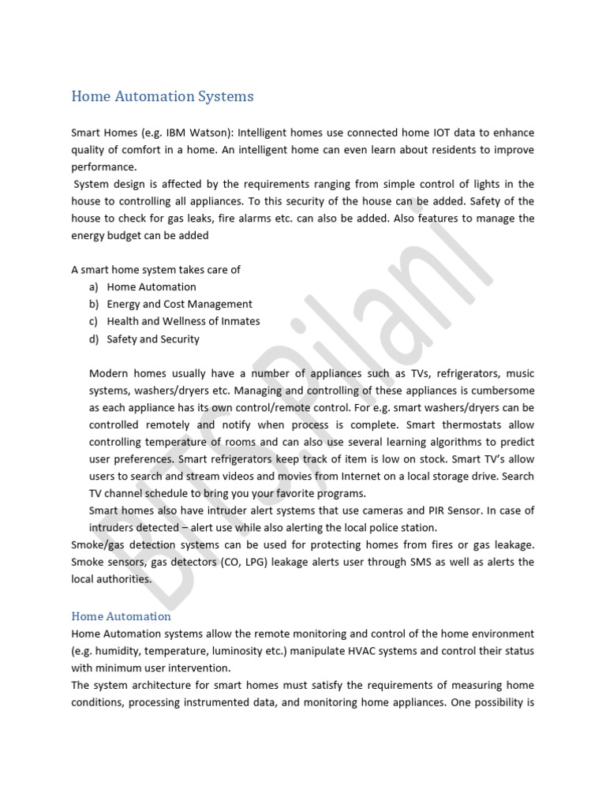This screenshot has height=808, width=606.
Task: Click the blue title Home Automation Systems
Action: (x=163, y=96)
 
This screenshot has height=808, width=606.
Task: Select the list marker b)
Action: (x=94, y=304)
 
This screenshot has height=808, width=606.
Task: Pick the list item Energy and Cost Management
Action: (x=180, y=304)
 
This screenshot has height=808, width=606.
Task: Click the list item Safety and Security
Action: (x=153, y=339)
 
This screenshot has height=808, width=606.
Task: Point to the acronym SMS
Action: (x=420, y=562)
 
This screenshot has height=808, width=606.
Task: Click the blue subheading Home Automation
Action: (x=121, y=616)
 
